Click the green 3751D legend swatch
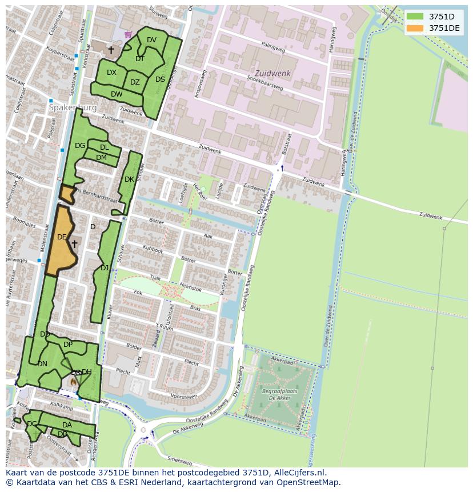click(415, 16)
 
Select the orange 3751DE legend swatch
click(415, 28)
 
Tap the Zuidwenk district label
click(272, 74)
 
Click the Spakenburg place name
click(73, 107)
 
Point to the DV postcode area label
click(151, 40)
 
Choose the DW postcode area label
click(117, 94)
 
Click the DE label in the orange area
click(62, 237)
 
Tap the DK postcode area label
click(129, 179)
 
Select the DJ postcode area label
click(105, 267)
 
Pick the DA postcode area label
click(67, 425)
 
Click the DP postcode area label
click(68, 345)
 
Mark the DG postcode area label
click(80, 146)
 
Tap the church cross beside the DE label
click(74, 244)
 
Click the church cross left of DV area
click(111, 50)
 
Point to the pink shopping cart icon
click(128, 34)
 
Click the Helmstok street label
click(190, 286)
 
